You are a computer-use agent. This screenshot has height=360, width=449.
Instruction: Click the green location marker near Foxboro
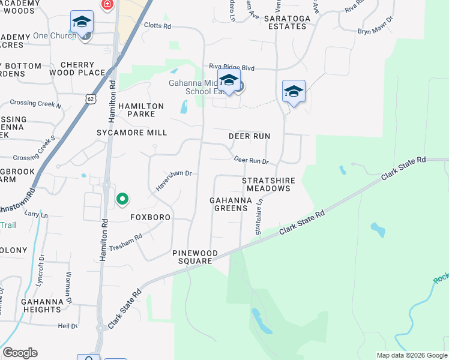coord(122,199)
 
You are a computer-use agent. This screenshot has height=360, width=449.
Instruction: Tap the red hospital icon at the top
coord(107,5)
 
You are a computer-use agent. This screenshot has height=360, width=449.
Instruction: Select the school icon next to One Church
coord(82,23)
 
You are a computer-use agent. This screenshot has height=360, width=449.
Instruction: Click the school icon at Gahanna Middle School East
coord(229,80)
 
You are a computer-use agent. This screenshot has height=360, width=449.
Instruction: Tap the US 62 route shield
coord(90,98)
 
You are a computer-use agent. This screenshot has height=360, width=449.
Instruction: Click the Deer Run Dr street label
coord(251,160)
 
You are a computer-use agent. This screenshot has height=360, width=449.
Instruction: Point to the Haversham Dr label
coord(173,175)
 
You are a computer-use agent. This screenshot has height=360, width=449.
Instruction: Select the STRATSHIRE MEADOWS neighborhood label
coord(266,184)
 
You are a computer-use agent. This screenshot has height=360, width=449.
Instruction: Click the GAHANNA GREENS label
coord(229,204)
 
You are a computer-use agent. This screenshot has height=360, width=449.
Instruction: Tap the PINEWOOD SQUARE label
coord(195,257)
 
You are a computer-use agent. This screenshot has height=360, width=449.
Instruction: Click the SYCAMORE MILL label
coord(131,132)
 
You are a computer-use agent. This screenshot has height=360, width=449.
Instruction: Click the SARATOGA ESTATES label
coord(288,22)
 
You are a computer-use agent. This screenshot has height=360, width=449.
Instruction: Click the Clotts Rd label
coord(158,26)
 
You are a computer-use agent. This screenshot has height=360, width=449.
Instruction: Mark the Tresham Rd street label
coord(125,241)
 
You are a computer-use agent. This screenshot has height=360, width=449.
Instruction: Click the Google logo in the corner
coord(20,353)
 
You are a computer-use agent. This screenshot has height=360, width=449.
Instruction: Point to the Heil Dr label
coord(67,326)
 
